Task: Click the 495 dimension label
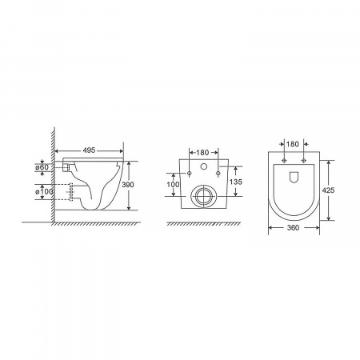tap(89, 150)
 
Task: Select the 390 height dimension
tap(128, 185)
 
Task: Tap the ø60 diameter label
tap(42, 167)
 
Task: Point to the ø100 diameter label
tap(44, 191)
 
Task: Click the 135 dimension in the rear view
tap(236, 182)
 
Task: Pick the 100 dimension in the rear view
tap(173, 184)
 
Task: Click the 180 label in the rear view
tap(202, 153)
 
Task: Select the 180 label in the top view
tap(293, 144)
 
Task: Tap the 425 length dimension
tap(328, 190)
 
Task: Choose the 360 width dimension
tap(293, 228)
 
